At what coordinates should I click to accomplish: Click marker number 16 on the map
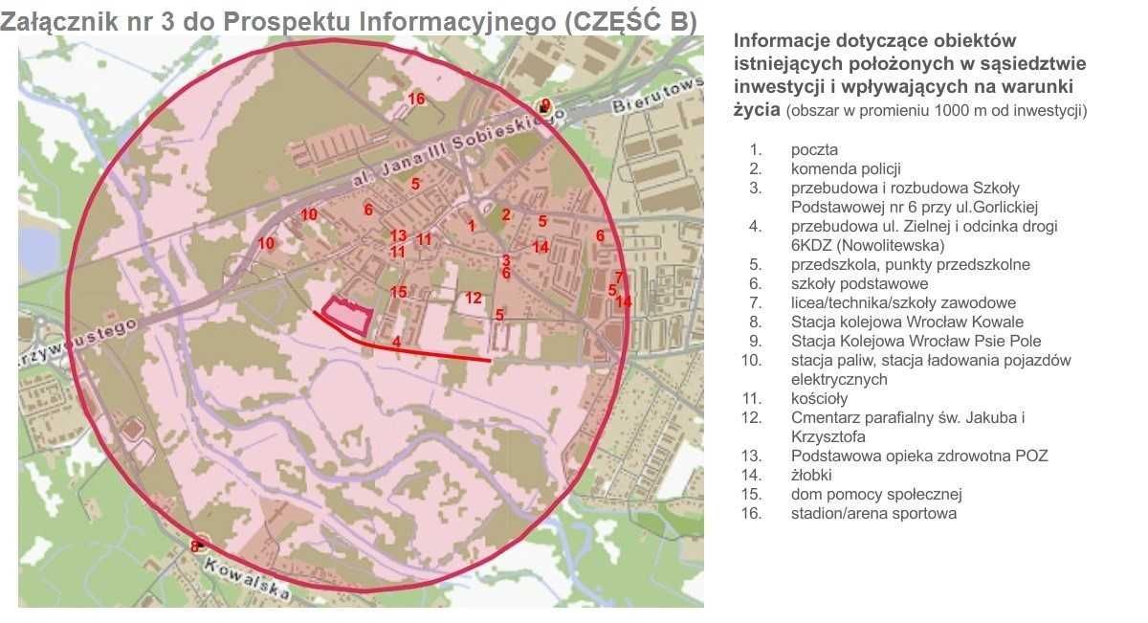416,99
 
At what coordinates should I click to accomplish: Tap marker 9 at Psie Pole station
545,105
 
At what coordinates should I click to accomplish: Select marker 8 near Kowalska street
194,546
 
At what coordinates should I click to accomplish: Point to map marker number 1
472,226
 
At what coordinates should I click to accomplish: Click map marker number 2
506,214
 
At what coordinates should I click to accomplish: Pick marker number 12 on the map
474,298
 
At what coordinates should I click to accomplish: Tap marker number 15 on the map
399,292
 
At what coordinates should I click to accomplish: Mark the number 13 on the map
399,235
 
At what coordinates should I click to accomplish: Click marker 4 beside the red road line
396,341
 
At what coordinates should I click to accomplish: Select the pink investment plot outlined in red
346,314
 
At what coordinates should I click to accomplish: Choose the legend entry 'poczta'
814,150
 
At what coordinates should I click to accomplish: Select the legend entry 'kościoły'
819,399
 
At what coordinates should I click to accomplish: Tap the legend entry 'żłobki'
811,476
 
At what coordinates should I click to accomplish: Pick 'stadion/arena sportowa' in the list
873,514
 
